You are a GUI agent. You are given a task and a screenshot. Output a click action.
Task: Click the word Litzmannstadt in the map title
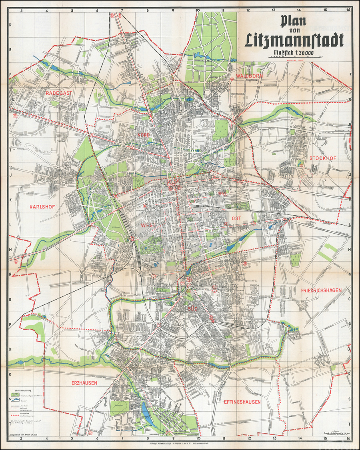pyautogui.click(x=295, y=40)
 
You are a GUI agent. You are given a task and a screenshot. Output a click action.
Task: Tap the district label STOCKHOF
pyautogui.click(x=323, y=158)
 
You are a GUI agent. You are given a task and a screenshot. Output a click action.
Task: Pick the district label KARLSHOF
pyautogui.click(x=42, y=207)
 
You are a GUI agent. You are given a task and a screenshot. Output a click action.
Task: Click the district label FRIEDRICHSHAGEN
pyautogui.click(x=321, y=290)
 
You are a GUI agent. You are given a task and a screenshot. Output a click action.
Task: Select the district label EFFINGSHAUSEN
pyautogui.click(x=242, y=402)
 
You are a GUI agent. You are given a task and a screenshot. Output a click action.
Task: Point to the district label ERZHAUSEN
pyautogui.click(x=85, y=383)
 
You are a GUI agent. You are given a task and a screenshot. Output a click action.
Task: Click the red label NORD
pyautogui.click(x=144, y=135)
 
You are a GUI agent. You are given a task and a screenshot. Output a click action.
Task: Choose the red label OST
pyautogui.click(x=235, y=218)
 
